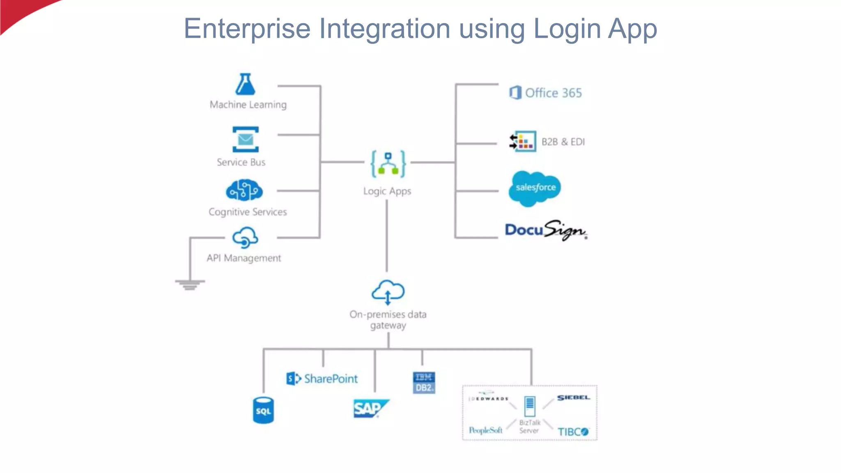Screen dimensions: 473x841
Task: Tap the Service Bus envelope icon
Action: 245,140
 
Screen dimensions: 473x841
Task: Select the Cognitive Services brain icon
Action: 244,190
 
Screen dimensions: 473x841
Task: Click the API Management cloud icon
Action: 245,238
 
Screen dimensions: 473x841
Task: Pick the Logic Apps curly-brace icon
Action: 388,164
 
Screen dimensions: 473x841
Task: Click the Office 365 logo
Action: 545,93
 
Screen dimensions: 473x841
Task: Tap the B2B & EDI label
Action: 563,142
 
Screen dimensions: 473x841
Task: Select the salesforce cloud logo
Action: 535,188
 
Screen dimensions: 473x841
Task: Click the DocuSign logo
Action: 546,230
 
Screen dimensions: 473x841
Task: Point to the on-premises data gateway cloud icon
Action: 388,292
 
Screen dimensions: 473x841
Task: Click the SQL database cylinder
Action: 263,410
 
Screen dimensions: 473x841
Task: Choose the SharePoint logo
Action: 322,379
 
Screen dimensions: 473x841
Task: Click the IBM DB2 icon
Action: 424,383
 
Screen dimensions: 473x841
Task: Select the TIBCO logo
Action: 573,432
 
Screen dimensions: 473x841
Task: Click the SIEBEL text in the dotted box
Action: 573,397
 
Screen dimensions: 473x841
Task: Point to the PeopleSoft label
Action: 485,430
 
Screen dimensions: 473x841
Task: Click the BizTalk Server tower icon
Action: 530,406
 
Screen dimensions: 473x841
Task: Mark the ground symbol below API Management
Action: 190,284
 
